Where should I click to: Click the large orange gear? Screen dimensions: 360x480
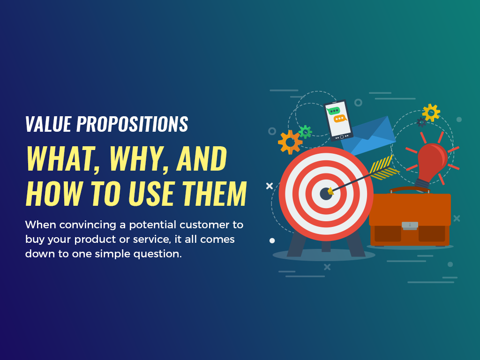click(x=289, y=142)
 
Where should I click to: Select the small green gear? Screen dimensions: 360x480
click(x=305, y=132)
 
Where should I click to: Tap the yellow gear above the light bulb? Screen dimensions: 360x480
click(x=431, y=112)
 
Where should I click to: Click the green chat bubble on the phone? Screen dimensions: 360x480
click(x=334, y=111)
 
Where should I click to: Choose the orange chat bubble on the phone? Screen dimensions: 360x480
click(x=339, y=119)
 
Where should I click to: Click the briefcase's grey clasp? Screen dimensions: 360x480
click(x=410, y=225)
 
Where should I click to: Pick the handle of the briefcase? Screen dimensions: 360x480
click(x=410, y=189)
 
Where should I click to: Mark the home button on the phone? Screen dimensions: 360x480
click(x=342, y=136)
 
